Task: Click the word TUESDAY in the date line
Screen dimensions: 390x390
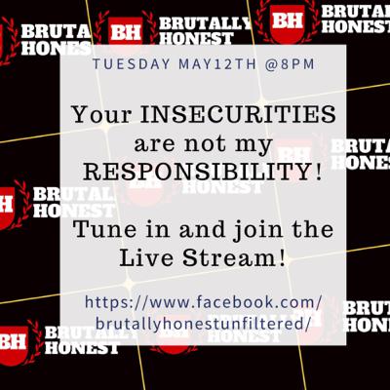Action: click(132, 64)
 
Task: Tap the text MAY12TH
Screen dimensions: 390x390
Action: click(217, 64)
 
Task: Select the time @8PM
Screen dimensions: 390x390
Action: click(290, 64)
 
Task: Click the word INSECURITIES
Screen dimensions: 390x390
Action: click(238, 114)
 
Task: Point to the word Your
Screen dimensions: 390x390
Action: click(101, 114)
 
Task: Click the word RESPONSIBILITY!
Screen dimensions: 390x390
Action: click(203, 172)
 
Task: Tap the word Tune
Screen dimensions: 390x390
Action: click(103, 229)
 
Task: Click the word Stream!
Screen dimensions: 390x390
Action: click(234, 257)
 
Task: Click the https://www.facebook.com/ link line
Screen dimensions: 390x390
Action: click(204, 302)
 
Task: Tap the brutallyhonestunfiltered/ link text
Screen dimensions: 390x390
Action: click(203, 324)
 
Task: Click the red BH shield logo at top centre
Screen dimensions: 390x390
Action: click(126, 30)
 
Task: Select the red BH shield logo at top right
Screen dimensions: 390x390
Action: click(288, 22)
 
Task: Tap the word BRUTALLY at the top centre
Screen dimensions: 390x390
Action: click(205, 23)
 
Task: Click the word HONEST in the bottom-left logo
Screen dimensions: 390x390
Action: click(82, 348)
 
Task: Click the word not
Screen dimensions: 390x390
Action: click(205, 143)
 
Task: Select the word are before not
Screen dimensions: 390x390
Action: click(155, 144)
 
